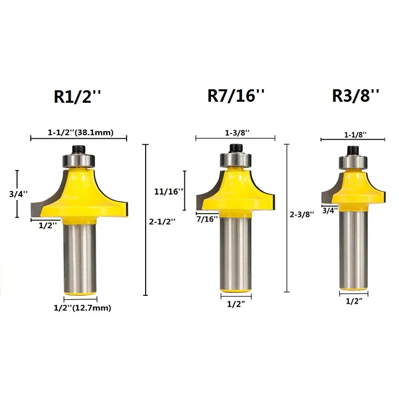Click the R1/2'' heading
tap(77, 96)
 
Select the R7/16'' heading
tap(236, 95)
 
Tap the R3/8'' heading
tap(356, 95)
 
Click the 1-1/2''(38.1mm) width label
tap(81, 132)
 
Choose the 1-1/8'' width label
tap(355, 135)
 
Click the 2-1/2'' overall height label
tap(162, 221)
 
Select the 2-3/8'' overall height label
tap(302, 214)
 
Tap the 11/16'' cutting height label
tap(169, 192)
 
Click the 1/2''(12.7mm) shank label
tap(82, 308)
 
